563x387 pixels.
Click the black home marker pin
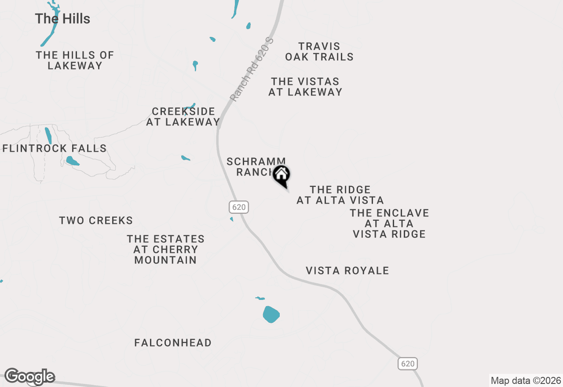[x=281, y=175]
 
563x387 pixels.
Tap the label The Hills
[x=62, y=19]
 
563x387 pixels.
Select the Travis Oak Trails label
[x=319, y=52]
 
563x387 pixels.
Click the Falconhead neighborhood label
[x=173, y=343]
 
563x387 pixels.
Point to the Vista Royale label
[x=347, y=270]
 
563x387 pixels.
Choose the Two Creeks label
[x=96, y=220]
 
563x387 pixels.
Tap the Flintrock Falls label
[x=55, y=149]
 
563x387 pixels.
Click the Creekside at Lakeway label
[x=183, y=117]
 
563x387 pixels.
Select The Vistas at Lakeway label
[x=305, y=87]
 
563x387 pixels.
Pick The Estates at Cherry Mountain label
[x=166, y=249]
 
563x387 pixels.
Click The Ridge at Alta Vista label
[x=340, y=195]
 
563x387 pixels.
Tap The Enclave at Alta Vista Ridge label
[x=389, y=223]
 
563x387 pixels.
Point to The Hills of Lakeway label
[x=75, y=60]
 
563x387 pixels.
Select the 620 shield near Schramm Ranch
[x=239, y=207]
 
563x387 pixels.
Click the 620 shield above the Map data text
[x=408, y=364]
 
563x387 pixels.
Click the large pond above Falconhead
[x=271, y=314]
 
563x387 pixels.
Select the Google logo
[x=30, y=377]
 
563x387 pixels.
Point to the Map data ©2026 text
[x=526, y=380]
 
